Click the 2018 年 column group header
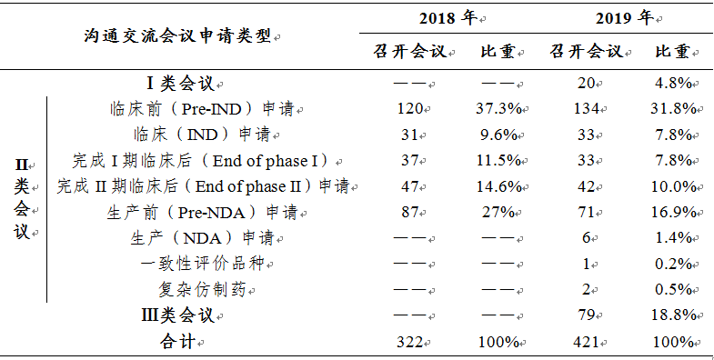point(449,18)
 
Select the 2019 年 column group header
point(625,18)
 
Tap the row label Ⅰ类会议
point(180,84)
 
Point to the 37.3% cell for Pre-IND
point(498,109)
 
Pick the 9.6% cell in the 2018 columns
point(498,135)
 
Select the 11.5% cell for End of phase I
point(498,161)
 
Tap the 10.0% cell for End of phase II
point(673,186)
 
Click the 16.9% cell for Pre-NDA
point(673,213)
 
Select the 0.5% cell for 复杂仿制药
point(673,290)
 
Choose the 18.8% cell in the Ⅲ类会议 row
point(673,316)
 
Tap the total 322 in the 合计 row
point(410,343)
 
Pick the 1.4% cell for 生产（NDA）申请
point(673,238)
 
